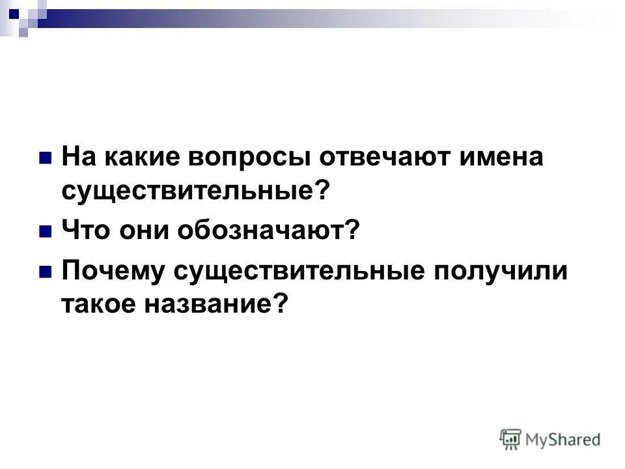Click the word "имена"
501,158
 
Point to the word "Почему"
112,271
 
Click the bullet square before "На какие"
46,158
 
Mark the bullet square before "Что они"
46,231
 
